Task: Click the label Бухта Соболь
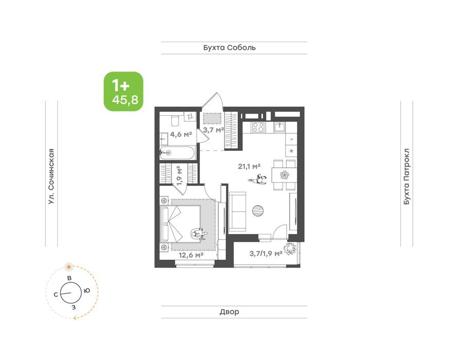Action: [229, 47]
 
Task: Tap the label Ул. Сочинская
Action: [51, 176]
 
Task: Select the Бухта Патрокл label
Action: [407, 176]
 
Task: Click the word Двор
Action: [229, 312]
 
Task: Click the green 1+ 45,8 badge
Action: [123, 92]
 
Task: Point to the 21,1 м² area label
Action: [249, 167]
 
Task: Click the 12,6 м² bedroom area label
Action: [191, 255]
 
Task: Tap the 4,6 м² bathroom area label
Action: [181, 134]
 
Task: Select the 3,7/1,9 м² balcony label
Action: [266, 254]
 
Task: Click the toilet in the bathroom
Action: [175, 120]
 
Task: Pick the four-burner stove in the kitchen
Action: [258, 127]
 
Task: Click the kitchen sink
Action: [280, 127]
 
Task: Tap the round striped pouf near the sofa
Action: [258, 210]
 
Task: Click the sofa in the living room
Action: [237, 211]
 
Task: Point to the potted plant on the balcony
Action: [290, 249]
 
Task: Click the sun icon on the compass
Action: [69, 266]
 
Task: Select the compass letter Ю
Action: [86, 291]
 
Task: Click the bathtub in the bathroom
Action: [177, 153]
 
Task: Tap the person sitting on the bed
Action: [199, 235]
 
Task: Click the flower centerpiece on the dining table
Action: [285, 175]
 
